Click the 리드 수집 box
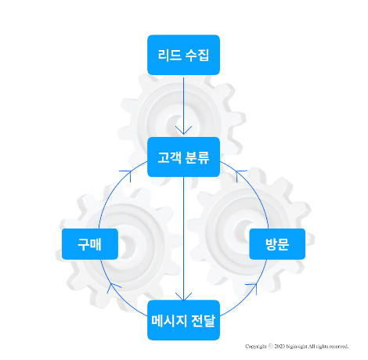coord(183,55)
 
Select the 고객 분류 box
coord(183,157)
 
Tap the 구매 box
coord(90,244)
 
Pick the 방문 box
coord(277,244)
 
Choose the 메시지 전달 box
coord(183,320)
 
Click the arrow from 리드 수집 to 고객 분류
coord(183,106)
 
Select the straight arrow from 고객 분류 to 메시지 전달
coord(183,239)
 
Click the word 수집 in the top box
coord(197,55)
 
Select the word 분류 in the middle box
coord(197,157)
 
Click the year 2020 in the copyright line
coord(280,346)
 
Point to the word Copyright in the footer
coord(256,347)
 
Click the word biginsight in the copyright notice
coord(297,347)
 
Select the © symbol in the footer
coord(270,346)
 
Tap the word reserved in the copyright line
coord(338,347)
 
